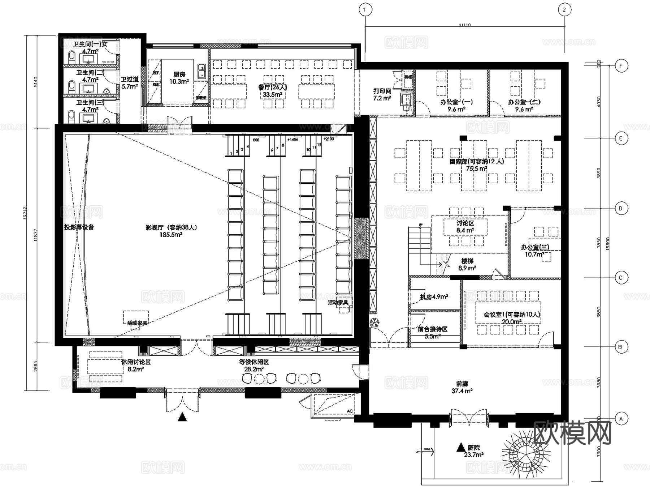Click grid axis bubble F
[x=621, y=66]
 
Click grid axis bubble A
[x=621, y=419]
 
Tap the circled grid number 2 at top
[x=564, y=10]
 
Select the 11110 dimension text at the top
[x=465, y=25]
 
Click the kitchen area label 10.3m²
[x=179, y=82]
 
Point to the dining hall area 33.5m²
[x=272, y=95]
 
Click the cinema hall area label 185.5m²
[x=171, y=234]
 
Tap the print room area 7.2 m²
[x=382, y=98]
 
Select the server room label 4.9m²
[x=434, y=297]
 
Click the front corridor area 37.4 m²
[x=462, y=391]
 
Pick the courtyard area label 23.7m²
[x=473, y=454]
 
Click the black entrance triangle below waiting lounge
[x=182, y=417]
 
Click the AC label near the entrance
[x=350, y=411]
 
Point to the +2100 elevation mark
[x=329, y=139]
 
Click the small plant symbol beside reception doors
[x=374, y=322]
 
